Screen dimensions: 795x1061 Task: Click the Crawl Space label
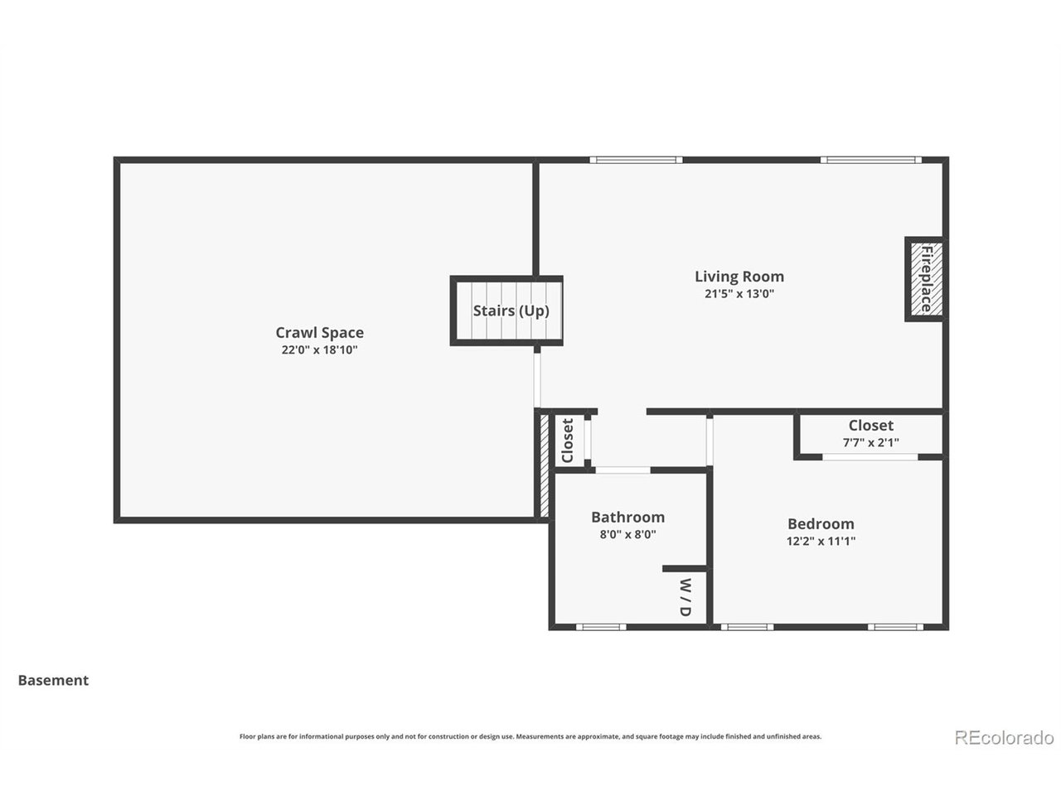(319, 333)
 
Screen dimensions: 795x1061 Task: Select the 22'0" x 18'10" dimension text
(319, 350)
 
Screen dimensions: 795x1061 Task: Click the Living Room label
(739, 277)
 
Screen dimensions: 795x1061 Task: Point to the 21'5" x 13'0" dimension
(739, 294)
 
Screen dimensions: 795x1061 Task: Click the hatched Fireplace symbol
(925, 278)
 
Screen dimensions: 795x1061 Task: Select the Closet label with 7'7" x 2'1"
(870, 426)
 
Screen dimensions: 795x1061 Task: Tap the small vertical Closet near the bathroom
(568, 441)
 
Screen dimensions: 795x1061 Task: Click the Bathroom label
(627, 518)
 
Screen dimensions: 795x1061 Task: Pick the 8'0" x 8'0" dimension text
(627, 535)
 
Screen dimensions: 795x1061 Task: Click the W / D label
(686, 596)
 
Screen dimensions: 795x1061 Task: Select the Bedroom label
(821, 524)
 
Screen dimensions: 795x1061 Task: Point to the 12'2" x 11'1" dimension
(821, 542)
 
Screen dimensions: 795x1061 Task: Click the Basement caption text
(53, 681)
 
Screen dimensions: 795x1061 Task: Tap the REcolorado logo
(1004, 737)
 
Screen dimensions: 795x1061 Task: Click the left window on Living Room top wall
(636, 160)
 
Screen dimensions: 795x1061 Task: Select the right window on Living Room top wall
(870, 160)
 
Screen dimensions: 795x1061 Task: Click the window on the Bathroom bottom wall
(600, 627)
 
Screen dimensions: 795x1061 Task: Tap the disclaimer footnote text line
(530, 736)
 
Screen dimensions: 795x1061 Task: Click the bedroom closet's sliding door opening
(870, 456)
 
